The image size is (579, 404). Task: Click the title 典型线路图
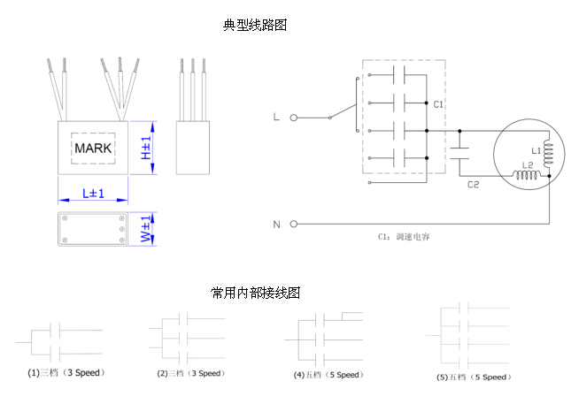pyautogui.click(x=255, y=26)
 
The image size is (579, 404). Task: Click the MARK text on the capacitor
pyautogui.click(x=93, y=148)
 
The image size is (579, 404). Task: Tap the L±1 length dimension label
pyautogui.click(x=93, y=193)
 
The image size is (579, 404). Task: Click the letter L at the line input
pyautogui.click(x=276, y=117)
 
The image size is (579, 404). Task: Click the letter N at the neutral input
pyautogui.click(x=276, y=224)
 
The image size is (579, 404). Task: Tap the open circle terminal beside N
pyautogui.click(x=293, y=224)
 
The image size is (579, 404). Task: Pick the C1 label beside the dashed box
pyautogui.click(x=438, y=104)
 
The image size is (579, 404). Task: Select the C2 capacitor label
pyautogui.click(x=473, y=185)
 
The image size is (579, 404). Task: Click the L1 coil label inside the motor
pyautogui.click(x=536, y=149)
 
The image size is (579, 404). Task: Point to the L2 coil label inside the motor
pyautogui.click(x=527, y=165)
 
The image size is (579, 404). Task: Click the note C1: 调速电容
pyautogui.click(x=404, y=237)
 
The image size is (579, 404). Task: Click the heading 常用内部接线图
pyautogui.click(x=255, y=293)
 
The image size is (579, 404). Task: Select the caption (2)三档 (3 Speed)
pyautogui.click(x=191, y=373)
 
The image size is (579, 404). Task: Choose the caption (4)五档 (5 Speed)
pyautogui.click(x=328, y=375)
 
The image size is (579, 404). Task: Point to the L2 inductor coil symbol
pyautogui.click(x=528, y=177)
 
